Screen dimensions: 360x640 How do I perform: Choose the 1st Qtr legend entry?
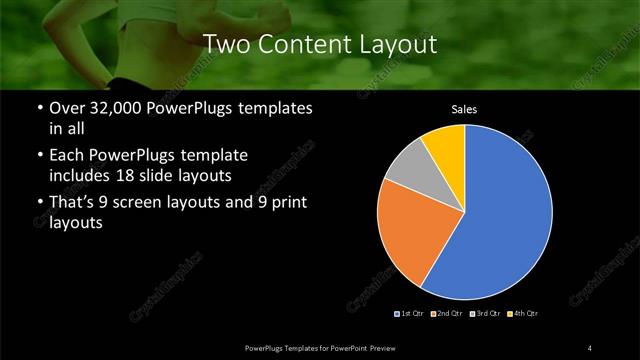click(411, 313)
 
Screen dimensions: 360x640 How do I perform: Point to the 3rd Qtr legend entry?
click(486, 313)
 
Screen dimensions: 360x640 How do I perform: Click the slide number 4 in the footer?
click(590, 347)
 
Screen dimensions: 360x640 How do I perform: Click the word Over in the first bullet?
click(66, 109)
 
